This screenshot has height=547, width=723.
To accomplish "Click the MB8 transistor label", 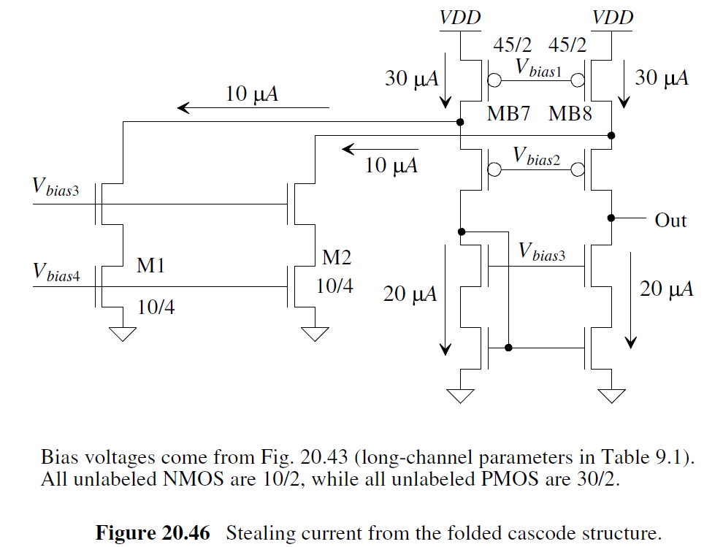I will [570, 114].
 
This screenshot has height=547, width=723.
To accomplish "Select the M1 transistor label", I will [150, 267].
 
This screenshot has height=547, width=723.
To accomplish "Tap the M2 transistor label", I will [337, 257].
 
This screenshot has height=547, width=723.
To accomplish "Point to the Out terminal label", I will [670, 220].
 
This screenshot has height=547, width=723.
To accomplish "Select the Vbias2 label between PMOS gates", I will [539, 156].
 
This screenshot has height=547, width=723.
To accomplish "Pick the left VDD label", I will [460, 17].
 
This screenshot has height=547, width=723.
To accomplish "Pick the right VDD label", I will [613, 17].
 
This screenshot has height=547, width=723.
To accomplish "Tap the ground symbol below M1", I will [123, 334].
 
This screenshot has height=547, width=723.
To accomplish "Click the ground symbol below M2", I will [315, 334].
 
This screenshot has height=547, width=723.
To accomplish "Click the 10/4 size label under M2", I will [334, 286].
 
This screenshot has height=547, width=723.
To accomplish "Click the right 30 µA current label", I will [662, 77].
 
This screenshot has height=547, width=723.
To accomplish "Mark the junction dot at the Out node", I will [611, 218].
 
